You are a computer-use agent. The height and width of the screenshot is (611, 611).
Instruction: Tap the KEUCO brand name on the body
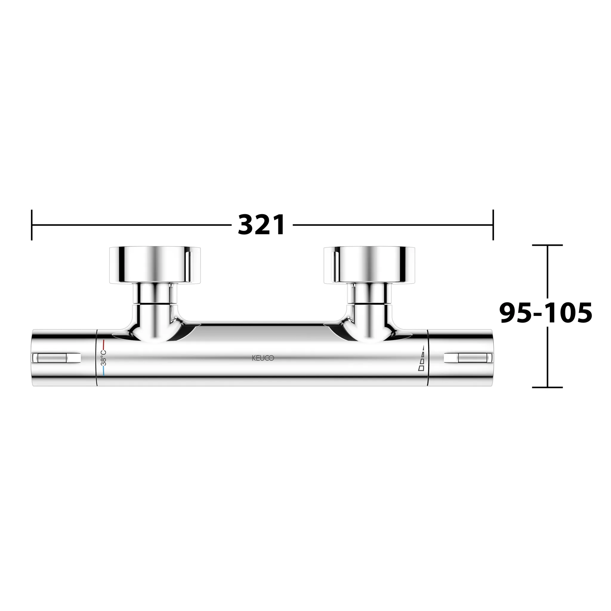[263, 358]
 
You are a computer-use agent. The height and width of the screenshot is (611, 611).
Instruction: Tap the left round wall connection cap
[155, 264]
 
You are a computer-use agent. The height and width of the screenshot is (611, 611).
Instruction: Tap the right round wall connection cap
[369, 264]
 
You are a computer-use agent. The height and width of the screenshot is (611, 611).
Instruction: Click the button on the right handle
[468, 358]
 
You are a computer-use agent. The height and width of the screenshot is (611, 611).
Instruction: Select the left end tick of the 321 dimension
[32, 225]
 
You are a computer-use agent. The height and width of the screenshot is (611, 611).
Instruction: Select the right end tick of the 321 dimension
[493, 225]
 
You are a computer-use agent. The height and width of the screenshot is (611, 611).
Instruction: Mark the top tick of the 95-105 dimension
[547, 245]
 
